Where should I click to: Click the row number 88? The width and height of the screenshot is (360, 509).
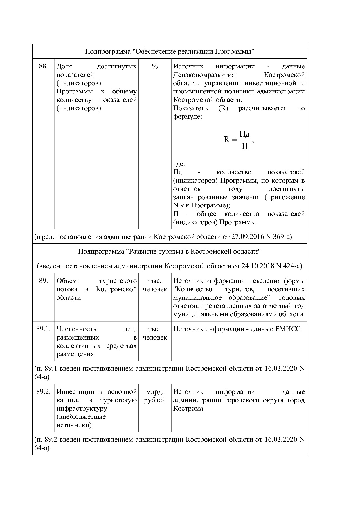pos(43,66)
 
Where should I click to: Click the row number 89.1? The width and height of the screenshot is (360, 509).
pos(43,329)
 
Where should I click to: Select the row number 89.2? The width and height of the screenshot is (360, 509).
pos(43,392)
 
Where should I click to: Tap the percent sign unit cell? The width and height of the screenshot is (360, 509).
pos(155,66)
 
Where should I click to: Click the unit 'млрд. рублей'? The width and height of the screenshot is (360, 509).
pos(155,396)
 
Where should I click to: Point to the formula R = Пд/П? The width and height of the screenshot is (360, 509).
pos(239,140)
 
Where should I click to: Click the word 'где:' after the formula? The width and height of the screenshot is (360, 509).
pos(179,164)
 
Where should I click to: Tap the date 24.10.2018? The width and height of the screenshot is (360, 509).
pos(258,266)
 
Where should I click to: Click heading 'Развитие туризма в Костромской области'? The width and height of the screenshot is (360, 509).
pos(169,251)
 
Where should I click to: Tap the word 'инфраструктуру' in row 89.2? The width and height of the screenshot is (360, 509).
pos(82,409)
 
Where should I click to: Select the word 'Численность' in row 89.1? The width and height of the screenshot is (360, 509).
pos(76,329)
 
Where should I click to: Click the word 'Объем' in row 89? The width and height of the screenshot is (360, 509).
pos(67,281)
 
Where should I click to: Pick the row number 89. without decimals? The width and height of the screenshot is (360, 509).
pos(43,281)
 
